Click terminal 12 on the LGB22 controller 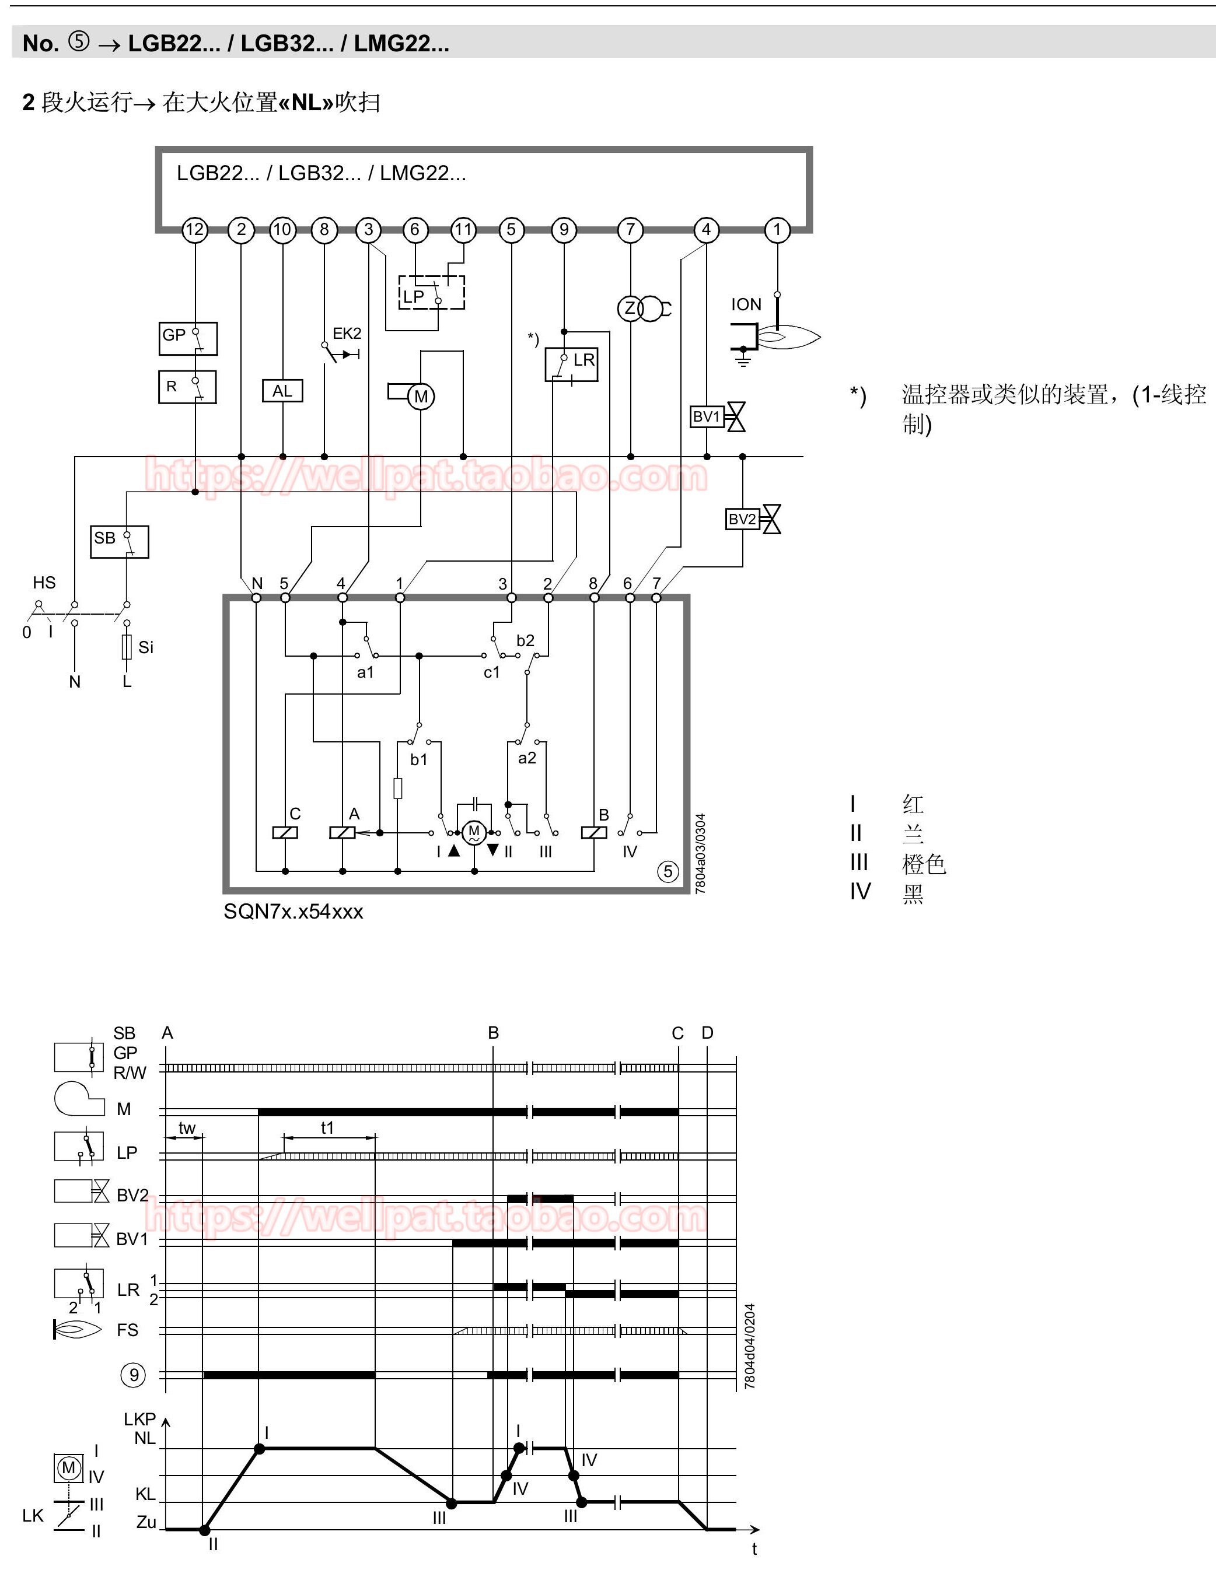tap(195, 230)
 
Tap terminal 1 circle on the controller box tap(777, 230)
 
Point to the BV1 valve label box tap(707, 417)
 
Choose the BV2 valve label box tap(743, 519)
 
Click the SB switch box tap(120, 542)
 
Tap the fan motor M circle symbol tap(421, 397)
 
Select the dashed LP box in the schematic tap(431, 293)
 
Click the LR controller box tap(572, 364)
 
